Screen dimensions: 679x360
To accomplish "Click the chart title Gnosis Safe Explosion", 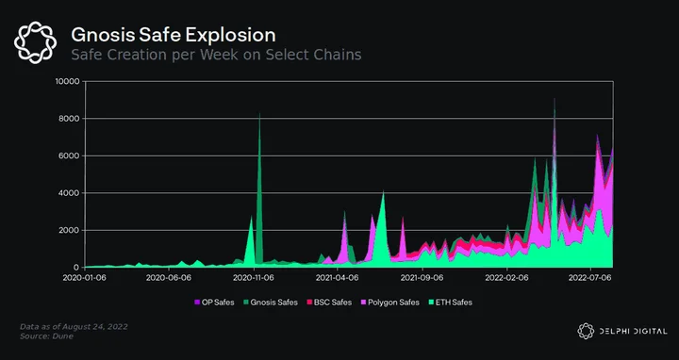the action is [x=174, y=35].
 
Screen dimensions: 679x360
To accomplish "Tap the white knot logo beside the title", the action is [x=35, y=42].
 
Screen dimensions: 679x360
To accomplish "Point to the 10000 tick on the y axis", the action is [x=68, y=81].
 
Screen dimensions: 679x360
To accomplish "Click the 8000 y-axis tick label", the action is [x=70, y=119].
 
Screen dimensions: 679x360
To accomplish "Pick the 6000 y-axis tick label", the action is [x=70, y=155].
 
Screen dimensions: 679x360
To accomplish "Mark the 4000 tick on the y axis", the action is [x=70, y=193].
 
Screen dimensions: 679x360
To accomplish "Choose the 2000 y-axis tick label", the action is [x=70, y=230].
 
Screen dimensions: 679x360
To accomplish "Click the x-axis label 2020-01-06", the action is [x=85, y=278].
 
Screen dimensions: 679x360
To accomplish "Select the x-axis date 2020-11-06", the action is [x=254, y=278].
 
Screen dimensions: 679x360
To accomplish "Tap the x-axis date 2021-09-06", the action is [x=422, y=278].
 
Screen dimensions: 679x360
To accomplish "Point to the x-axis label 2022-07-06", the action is [x=590, y=278].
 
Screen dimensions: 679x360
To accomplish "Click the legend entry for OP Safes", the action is [x=214, y=303].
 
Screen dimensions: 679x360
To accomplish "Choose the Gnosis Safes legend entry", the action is [x=271, y=303].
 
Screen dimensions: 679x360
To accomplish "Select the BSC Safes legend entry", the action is [x=329, y=303].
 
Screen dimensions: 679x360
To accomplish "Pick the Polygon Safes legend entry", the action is [x=389, y=303].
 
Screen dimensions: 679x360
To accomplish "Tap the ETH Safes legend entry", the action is [x=451, y=303].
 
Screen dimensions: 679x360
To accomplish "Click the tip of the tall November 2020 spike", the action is [x=259, y=113].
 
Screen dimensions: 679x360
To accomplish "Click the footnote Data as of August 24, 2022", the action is [x=75, y=327].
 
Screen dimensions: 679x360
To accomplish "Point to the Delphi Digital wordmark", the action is [x=622, y=332].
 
